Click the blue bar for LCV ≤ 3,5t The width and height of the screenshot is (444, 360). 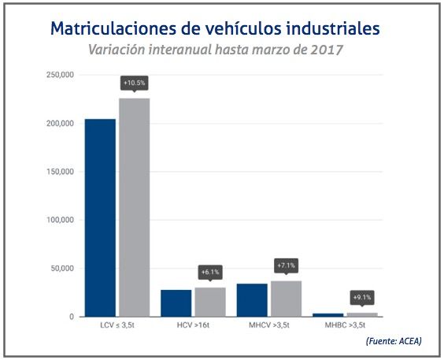100,217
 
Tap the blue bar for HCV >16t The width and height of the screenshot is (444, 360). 176,303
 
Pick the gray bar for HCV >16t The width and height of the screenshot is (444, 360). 210,302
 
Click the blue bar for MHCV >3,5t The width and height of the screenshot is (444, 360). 252,300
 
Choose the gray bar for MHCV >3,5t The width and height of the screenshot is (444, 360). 286,299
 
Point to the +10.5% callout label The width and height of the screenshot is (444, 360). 134,82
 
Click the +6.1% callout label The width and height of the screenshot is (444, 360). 210,272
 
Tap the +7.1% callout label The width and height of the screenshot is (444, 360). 286,265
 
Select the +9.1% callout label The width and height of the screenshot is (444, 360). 361,297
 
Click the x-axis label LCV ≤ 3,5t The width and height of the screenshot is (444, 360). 117,325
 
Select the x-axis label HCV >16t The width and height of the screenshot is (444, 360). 193,325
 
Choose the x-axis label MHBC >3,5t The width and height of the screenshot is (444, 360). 344,325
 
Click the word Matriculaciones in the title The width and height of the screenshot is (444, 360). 112,28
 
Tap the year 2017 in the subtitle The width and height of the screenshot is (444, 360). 327,50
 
